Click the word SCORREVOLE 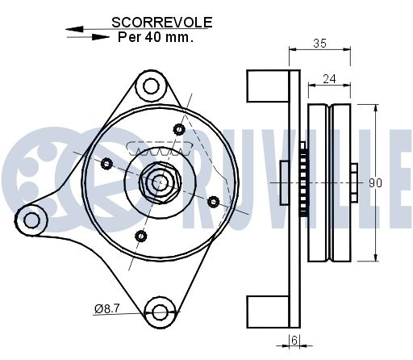[162, 23]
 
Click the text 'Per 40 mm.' [156, 37]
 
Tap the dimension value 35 [319, 43]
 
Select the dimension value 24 [329, 79]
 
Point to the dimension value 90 [375, 183]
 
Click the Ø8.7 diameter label [106, 308]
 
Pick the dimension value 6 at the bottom [294, 341]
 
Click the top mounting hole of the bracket [151, 86]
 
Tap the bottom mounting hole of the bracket [161, 312]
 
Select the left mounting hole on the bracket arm [31, 220]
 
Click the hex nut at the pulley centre [160, 183]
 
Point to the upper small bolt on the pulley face [179, 129]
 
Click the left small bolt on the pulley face [106, 163]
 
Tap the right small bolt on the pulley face [213, 202]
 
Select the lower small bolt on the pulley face [140, 236]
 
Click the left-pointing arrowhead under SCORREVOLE [74, 29]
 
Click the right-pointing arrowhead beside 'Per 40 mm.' [100, 37]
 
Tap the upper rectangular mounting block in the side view [268, 86]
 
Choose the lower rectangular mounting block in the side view [268, 312]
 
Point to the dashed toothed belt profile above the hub [160, 149]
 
